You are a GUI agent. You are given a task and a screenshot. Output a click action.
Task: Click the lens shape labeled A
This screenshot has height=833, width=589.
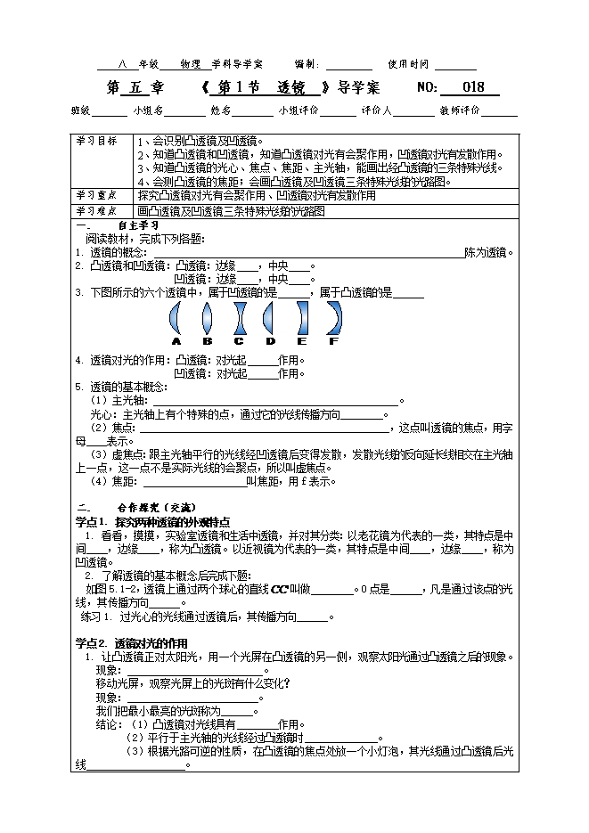[x=176, y=317]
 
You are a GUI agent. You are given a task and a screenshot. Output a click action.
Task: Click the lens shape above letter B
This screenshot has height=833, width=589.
[x=207, y=317]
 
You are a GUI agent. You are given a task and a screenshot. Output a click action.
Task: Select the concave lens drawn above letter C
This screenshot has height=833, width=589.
[x=239, y=317]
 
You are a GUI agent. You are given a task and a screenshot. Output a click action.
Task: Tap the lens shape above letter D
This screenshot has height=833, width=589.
[x=271, y=317]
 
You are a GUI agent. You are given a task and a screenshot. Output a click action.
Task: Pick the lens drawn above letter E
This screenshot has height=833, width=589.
[x=302, y=317]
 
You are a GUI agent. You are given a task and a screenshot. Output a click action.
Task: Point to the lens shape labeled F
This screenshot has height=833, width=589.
[x=334, y=317]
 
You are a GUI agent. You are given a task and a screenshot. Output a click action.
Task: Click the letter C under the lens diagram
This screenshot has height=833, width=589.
[x=239, y=341]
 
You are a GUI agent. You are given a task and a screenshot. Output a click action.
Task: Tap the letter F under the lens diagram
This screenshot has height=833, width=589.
[x=334, y=341]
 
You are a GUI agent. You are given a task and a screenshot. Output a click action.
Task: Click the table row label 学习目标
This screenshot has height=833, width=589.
[x=96, y=143]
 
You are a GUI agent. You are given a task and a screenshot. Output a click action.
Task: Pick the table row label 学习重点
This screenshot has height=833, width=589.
[x=96, y=195]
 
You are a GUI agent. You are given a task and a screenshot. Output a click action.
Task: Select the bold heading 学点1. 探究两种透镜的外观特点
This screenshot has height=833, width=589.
[x=153, y=521]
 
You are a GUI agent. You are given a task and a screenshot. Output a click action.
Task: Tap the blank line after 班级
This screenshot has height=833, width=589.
[x=110, y=112]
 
